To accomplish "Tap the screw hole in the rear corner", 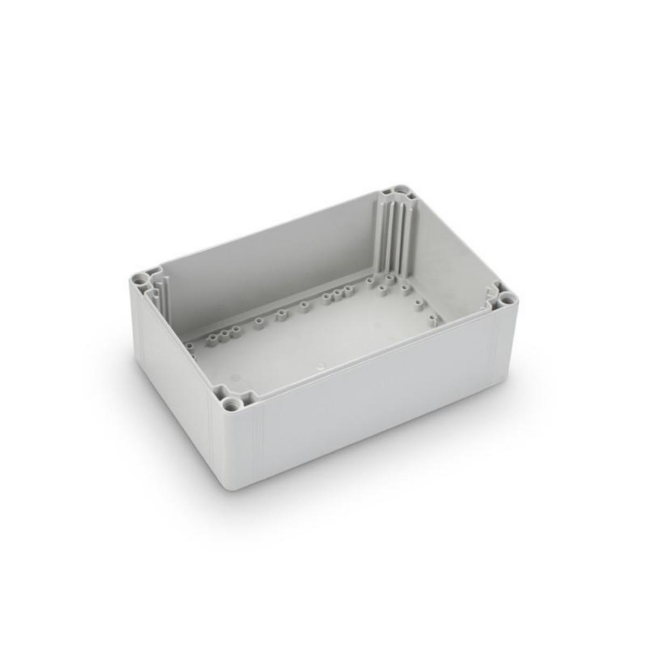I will pos(400,192).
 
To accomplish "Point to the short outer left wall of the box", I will pos(173,367).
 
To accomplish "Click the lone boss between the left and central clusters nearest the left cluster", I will pos(259,322).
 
